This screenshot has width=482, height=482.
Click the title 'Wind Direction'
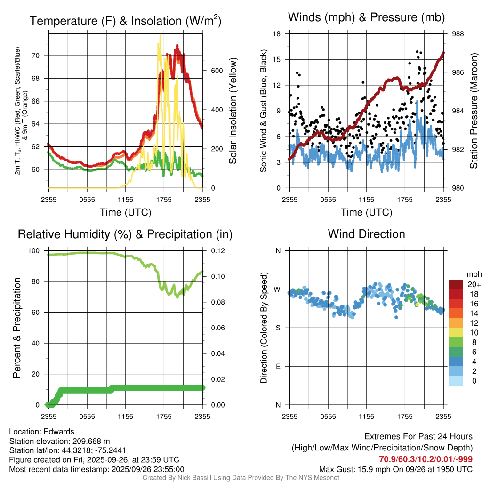(366, 234)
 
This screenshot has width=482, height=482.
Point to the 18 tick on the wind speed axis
(277, 34)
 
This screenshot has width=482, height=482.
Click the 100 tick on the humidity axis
(37, 251)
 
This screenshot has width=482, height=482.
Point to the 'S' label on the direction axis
(279, 328)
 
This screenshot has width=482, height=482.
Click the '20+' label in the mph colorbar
(473, 284)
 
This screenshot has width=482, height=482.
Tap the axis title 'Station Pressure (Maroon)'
(474, 111)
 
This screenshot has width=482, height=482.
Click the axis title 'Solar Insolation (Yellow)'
(233, 111)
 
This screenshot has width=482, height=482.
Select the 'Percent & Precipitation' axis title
(16, 328)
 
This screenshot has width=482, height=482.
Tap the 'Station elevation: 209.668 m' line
(59, 441)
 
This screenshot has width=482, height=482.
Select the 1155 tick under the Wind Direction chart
(366, 416)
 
